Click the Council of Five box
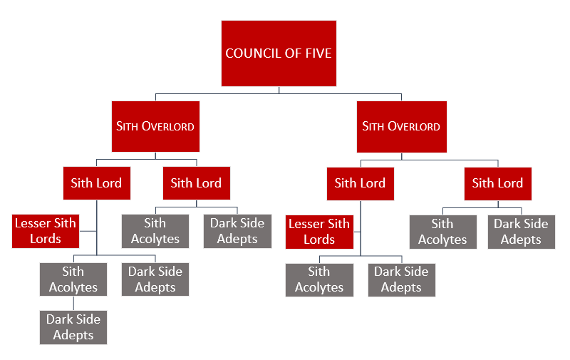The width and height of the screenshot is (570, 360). [279, 53]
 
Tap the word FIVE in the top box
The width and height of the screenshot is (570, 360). [318, 53]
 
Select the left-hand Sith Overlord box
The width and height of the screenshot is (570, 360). [155, 126]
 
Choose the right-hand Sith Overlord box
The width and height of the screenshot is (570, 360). [401, 126]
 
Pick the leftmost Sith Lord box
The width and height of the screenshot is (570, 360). [96, 183]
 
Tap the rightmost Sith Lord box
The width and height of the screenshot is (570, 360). [497, 183]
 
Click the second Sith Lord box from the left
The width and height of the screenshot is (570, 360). [196, 183]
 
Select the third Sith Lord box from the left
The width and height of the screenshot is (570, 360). [360, 183]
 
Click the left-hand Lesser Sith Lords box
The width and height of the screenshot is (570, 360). [46, 231]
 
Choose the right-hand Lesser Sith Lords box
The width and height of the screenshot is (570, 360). [319, 231]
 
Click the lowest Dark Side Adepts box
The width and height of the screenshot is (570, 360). [73, 327]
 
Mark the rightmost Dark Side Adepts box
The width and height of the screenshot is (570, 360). [521, 231]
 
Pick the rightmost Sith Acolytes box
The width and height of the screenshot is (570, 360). [442, 231]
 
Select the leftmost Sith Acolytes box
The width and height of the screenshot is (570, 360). [73, 279]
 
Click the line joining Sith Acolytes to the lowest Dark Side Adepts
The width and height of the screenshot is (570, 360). [73, 303]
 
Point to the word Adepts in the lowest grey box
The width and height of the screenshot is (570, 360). [73, 335]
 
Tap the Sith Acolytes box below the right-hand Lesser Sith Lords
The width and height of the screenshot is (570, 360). [319, 279]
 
